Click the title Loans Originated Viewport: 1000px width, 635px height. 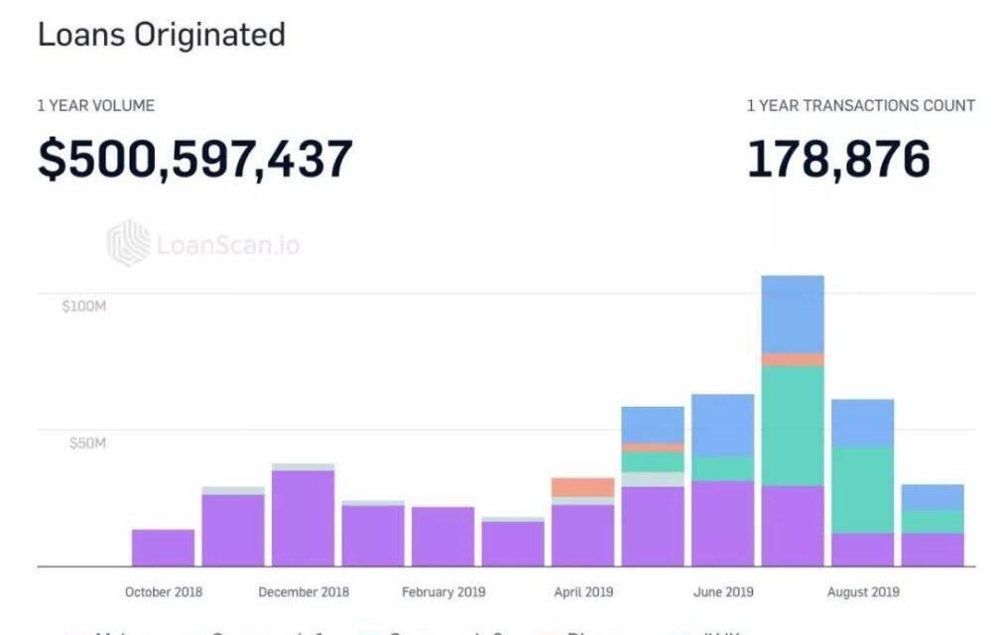[161, 35]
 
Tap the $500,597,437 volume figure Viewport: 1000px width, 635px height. [195, 159]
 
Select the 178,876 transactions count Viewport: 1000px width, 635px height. [838, 159]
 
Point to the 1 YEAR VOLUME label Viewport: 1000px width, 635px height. [96, 105]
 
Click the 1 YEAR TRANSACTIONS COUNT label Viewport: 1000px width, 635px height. [860, 105]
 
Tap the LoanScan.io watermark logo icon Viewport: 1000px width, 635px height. [128, 243]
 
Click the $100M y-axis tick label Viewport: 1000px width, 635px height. [83, 306]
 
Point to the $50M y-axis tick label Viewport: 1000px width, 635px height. [87, 443]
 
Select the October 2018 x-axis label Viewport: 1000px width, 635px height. [164, 592]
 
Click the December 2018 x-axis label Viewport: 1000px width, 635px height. [304, 592]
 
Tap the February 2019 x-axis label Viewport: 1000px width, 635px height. [443, 592]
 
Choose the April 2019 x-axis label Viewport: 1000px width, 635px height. [583, 592]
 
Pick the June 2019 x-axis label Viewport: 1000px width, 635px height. [723, 592]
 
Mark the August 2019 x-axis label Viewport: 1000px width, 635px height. [863, 592]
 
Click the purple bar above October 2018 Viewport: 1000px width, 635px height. [164, 548]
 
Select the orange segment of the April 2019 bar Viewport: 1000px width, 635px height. [583, 487]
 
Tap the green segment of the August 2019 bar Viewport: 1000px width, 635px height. [863, 490]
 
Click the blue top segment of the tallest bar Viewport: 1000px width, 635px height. [793, 314]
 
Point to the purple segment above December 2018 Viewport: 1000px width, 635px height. [304, 518]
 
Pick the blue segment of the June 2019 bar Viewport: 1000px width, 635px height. [723, 425]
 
